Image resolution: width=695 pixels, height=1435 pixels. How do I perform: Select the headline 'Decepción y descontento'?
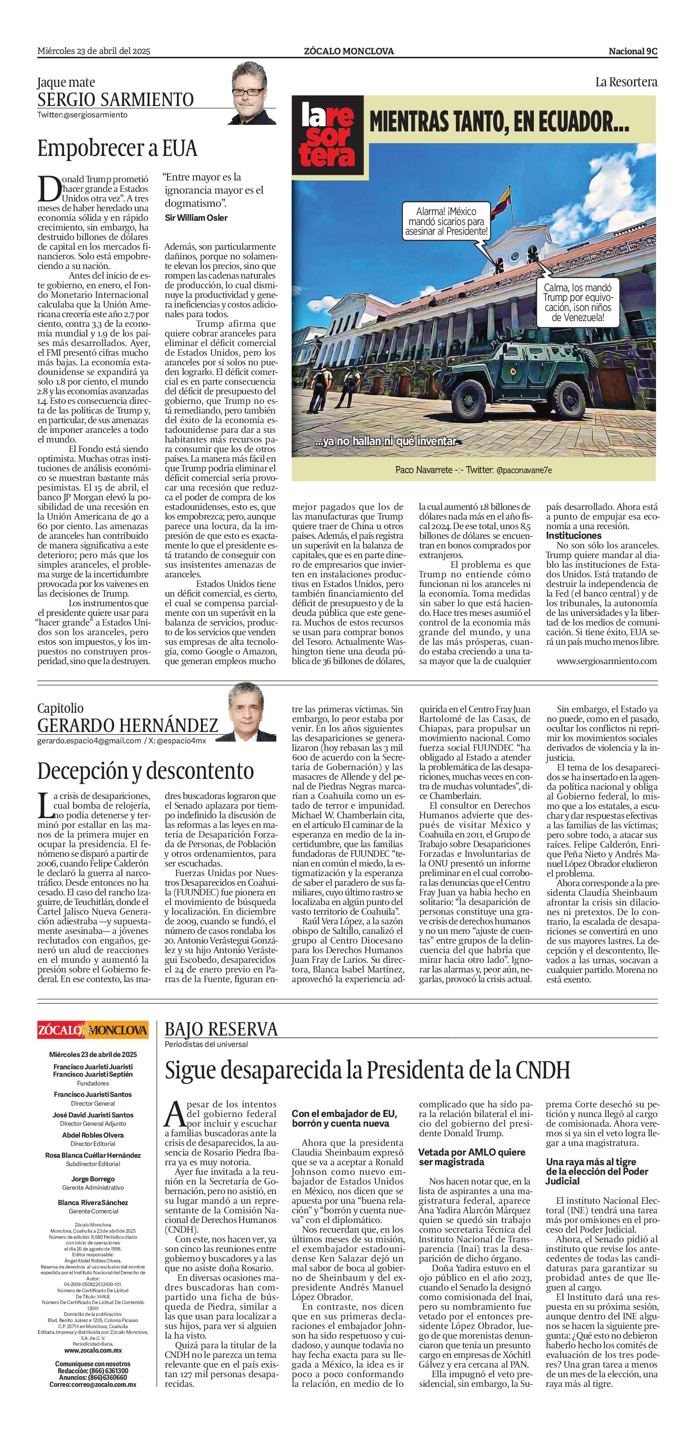click(145, 771)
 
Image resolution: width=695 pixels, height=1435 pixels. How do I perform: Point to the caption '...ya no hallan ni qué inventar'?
click(385, 442)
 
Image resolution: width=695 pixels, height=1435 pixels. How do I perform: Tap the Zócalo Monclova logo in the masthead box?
click(93, 1029)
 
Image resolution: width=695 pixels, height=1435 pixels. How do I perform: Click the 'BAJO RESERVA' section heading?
click(221, 1029)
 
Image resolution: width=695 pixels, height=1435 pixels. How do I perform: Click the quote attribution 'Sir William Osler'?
click(196, 218)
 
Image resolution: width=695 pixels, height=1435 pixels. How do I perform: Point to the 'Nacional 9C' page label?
click(633, 51)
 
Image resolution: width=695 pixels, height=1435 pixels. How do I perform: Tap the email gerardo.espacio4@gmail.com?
click(89, 741)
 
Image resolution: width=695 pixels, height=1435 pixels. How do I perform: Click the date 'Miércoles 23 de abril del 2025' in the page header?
click(94, 51)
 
